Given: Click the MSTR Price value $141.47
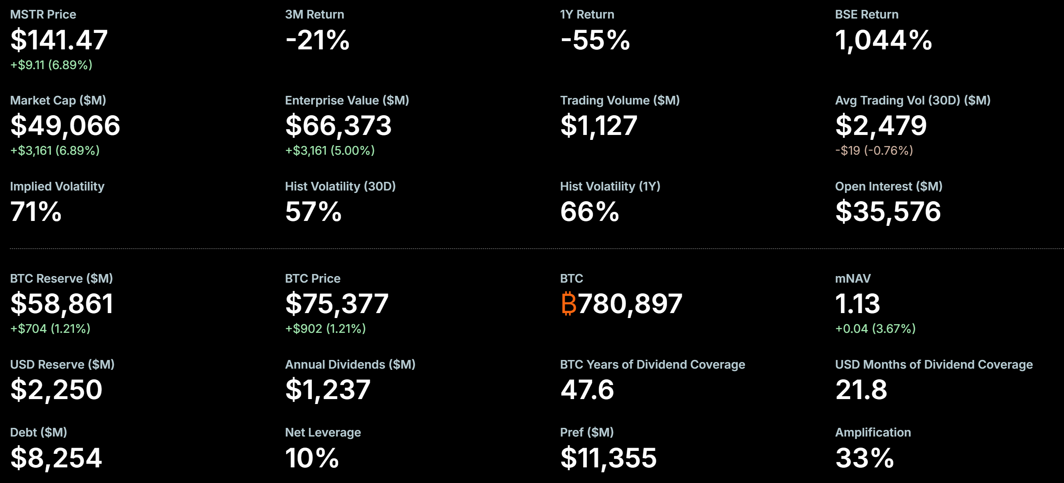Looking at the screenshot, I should pyautogui.click(x=59, y=40).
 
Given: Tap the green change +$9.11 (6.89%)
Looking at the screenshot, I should pyautogui.click(x=51, y=65).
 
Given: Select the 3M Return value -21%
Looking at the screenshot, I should pyautogui.click(x=317, y=40).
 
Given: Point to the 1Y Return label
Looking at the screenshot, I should pyautogui.click(x=587, y=14).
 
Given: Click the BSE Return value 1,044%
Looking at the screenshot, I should pyautogui.click(x=884, y=40).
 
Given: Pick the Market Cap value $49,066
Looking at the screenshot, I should pyautogui.click(x=65, y=126).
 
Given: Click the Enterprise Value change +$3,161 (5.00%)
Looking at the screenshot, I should pyautogui.click(x=330, y=151).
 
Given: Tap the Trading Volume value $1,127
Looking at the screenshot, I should pyautogui.click(x=598, y=126).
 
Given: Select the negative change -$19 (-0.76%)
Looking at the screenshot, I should pyautogui.click(x=874, y=151).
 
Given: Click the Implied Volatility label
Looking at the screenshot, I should pyautogui.click(x=57, y=186).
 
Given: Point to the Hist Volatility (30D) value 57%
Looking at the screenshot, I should pyautogui.click(x=313, y=212).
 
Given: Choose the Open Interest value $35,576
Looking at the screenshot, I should pyautogui.click(x=888, y=212).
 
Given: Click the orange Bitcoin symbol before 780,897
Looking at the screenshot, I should pyautogui.click(x=568, y=304).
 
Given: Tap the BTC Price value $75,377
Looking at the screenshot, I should pyautogui.click(x=337, y=304).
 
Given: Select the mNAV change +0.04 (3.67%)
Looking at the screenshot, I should pyautogui.click(x=875, y=329).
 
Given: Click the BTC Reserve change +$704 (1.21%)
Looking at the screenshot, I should pyautogui.click(x=50, y=329).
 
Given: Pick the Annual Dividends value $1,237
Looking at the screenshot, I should pyautogui.click(x=328, y=390).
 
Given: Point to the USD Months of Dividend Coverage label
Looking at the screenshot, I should pyautogui.click(x=933, y=365).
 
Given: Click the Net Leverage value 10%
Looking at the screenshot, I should pyautogui.click(x=312, y=458).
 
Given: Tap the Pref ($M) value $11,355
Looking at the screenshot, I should pyautogui.click(x=608, y=458).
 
